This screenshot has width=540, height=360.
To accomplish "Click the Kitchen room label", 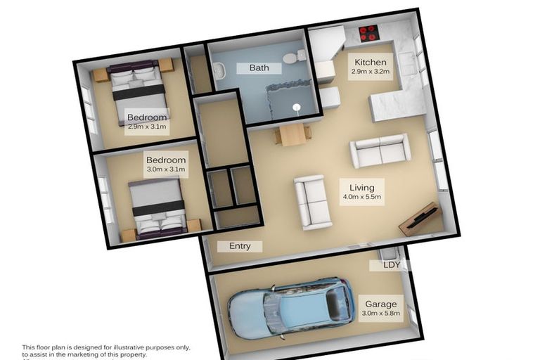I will (x=370, y=61).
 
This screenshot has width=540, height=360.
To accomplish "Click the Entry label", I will (x=239, y=246).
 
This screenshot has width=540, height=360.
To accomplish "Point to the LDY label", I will (x=392, y=265).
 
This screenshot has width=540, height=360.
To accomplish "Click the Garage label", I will (x=380, y=304).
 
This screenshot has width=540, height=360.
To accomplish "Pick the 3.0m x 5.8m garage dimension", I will (x=380, y=315).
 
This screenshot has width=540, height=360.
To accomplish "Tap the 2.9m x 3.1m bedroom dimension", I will (x=147, y=128).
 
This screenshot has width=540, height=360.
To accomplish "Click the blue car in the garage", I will (x=290, y=307).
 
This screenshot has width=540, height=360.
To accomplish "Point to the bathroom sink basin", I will (x=218, y=70).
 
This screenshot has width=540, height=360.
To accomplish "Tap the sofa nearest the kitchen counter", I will (x=380, y=150).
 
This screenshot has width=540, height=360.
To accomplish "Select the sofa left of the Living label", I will (x=311, y=202).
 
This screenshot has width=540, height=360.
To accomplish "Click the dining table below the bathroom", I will (x=292, y=134).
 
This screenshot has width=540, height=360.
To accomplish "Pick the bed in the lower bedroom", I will (x=158, y=207).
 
